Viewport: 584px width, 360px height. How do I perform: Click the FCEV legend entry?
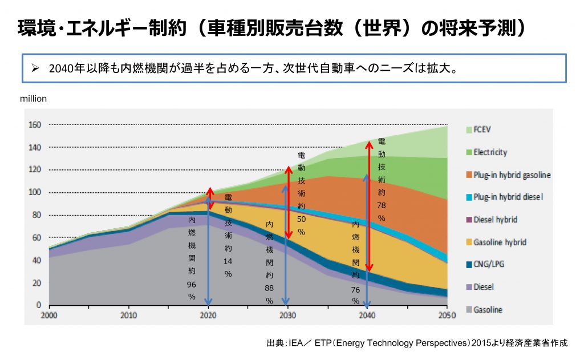coord(482,130)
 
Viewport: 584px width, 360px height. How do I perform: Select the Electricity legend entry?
coord(490,152)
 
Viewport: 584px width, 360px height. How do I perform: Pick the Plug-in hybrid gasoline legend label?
coord(512,175)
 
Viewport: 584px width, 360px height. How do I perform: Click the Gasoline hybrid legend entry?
coord(500,242)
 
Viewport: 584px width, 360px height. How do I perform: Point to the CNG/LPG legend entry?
coord(488,264)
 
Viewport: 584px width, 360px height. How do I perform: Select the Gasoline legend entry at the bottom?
coord(488,309)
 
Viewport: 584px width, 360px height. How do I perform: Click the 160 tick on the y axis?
coord(35,124)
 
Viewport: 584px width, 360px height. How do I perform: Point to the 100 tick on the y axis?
coord(35,192)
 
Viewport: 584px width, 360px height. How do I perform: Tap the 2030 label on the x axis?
coord(287,314)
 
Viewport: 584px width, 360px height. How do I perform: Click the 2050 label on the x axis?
coord(447,314)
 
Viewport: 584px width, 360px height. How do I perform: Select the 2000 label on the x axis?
coord(49,314)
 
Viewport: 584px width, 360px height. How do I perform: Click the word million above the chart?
coord(33,99)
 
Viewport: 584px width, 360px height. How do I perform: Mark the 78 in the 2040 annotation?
coord(381,204)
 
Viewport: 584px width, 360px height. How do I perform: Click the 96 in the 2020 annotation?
coord(192,284)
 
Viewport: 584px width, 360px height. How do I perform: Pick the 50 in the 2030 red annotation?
coord(302,219)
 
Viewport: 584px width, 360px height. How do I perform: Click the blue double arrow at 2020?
coord(209,251)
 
